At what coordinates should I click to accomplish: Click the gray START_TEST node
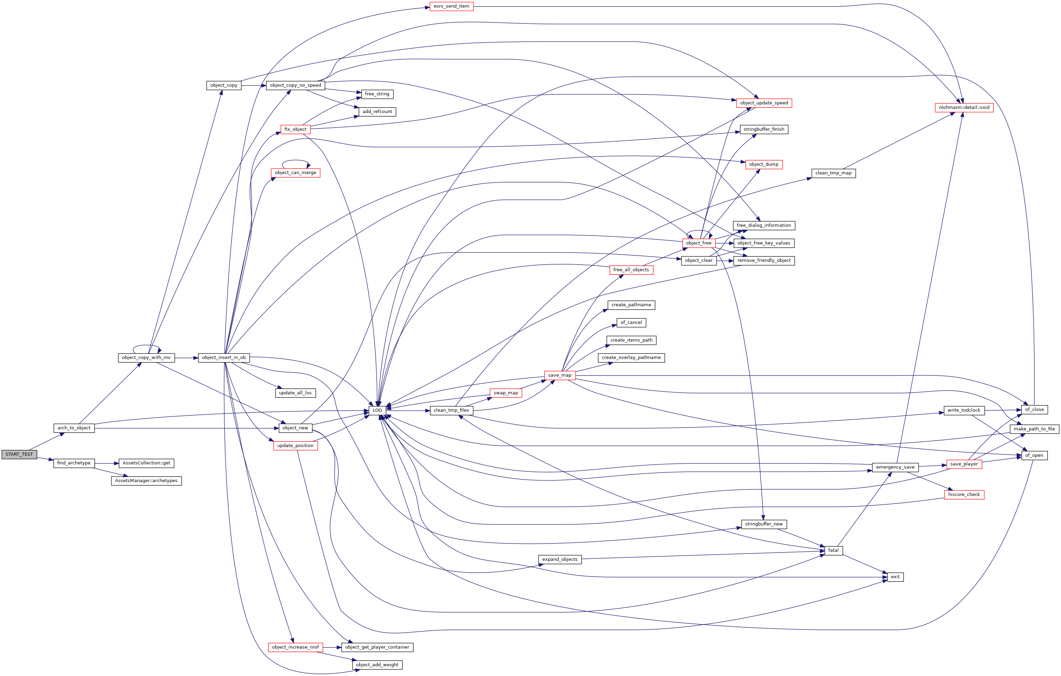(x=19, y=454)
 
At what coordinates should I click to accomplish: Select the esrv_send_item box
(x=451, y=7)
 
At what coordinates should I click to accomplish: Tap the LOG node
(x=377, y=410)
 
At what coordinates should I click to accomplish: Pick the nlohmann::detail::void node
(x=964, y=108)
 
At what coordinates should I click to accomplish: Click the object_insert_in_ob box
(x=224, y=357)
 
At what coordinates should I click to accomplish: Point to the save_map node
(x=560, y=375)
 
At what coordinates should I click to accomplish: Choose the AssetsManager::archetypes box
(x=146, y=481)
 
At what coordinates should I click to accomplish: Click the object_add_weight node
(x=377, y=665)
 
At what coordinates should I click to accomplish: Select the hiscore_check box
(x=964, y=495)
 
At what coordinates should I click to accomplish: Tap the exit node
(x=895, y=577)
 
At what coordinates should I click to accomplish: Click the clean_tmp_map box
(x=833, y=173)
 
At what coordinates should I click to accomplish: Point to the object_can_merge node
(x=295, y=173)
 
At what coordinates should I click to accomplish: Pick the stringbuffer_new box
(x=764, y=524)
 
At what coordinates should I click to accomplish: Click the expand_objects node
(x=560, y=559)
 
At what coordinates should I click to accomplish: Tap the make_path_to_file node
(x=1034, y=429)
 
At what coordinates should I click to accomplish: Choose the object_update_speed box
(x=764, y=103)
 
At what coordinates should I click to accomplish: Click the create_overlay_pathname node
(x=631, y=357)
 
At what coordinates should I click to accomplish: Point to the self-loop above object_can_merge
(x=295, y=161)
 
